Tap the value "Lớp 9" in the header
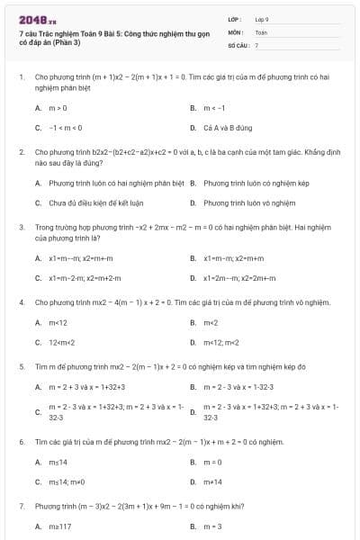click(x=262, y=18)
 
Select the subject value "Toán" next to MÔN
click(x=261, y=31)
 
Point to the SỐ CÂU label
click(x=237, y=44)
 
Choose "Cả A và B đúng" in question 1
click(x=223, y=128)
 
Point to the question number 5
click(x=21, y=367)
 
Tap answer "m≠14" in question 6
click(x=212, y=482)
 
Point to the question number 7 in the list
click(x=21, y=507)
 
